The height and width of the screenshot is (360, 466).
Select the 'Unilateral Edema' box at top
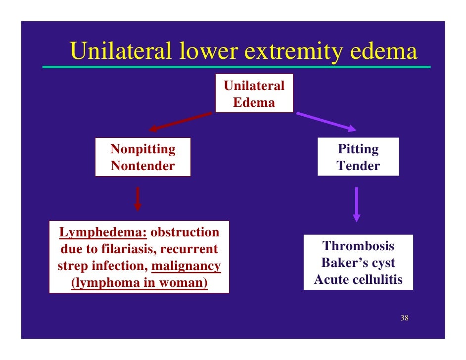[x=254, y=93]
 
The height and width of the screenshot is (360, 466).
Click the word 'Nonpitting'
[x=142, y=149]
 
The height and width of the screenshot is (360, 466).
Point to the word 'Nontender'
[x=142, y=166]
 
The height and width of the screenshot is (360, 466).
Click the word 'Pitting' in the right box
[x=358, y=149]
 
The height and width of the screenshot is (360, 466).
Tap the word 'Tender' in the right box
[x=358, y=166]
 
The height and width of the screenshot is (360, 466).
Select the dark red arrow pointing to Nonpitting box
[x=180, y=122]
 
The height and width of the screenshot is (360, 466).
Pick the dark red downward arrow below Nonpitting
[x=138, y=199]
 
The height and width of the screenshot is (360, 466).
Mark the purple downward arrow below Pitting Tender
[x=356, y=204]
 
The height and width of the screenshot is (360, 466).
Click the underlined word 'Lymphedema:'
[x=103, y=232]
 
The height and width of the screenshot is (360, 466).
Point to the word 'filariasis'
[x=128, y=249]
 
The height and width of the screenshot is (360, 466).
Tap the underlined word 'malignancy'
[x=186, y=266]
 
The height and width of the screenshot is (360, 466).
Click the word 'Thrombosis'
[x=358, y=246]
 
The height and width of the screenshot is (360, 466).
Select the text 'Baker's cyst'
[x=358, y=263]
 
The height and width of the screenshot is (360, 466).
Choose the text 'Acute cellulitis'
[x=358, y=280]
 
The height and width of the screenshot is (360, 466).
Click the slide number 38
[x=404, y=318]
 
